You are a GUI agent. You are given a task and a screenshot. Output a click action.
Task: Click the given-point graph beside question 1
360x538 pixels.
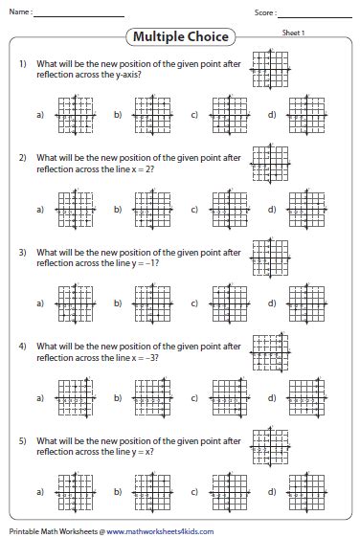[268, 68]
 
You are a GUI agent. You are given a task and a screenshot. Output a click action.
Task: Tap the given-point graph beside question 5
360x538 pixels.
[267, 443]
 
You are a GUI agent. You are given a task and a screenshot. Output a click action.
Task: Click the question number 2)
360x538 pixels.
[21, 156]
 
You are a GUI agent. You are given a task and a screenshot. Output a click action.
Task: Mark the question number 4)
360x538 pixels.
[21, 344]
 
